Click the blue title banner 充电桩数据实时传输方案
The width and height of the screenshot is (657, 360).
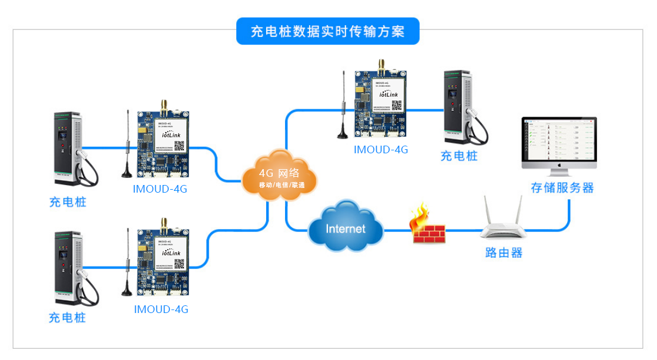[x=328, y=31]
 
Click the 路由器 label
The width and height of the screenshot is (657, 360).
[x=504, y=253]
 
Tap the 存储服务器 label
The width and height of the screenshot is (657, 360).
[x=562, y=188]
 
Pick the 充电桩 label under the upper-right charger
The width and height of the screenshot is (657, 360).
[x=459, y=156]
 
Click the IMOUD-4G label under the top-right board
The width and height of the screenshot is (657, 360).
[x=380, y=150]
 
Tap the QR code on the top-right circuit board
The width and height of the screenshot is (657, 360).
[x=397, y=105]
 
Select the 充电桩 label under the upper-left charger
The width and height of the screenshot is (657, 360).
[x=68, y=202]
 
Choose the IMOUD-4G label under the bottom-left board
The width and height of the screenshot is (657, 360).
[x=161, y=309]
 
